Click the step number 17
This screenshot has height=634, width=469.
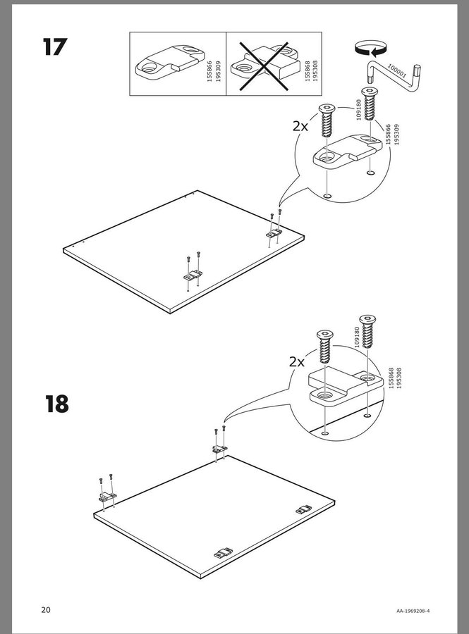[54, 46]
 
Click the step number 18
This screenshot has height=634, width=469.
[56, 404]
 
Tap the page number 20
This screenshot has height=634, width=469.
[46, 610]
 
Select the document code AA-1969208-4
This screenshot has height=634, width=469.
[413, 611]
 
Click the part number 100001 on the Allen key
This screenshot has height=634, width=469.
[396, 70]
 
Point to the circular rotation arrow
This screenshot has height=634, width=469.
[370, 49]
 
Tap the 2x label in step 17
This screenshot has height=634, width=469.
[300, 127]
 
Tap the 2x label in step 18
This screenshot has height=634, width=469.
[297, 362]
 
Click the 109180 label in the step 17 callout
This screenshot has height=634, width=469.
[358, 110]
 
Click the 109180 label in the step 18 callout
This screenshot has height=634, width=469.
[357, 337]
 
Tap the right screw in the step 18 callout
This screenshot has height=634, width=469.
[367, 332]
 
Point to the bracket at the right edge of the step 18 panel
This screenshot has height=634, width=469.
[304, 509]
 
